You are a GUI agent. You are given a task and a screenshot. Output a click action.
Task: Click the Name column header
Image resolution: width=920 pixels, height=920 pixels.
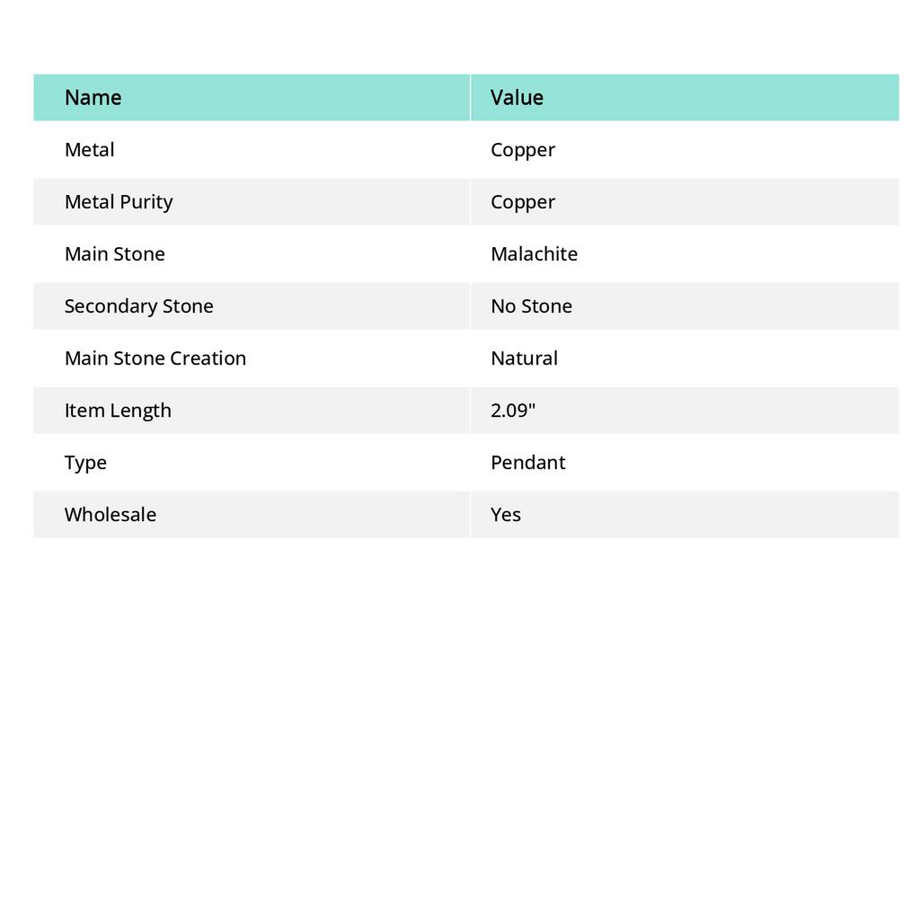(93, 97)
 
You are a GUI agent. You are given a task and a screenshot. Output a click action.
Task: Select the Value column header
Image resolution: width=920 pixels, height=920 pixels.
(517, 97)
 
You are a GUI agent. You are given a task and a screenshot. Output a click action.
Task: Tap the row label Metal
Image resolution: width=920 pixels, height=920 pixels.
(90, 149)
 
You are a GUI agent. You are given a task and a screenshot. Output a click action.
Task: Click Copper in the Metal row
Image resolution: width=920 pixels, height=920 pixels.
(523, 149)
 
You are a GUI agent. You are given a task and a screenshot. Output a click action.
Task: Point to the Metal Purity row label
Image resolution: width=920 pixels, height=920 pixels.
(119, 201)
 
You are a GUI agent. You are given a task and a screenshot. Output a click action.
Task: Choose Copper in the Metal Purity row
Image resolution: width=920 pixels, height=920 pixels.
(523, 201)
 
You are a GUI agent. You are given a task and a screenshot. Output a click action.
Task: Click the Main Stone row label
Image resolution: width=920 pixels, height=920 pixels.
(115, 253)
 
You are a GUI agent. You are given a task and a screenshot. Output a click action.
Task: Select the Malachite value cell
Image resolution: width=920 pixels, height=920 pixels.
(534, 253)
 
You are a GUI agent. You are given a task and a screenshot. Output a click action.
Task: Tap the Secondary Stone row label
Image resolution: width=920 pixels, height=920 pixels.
(139, 305)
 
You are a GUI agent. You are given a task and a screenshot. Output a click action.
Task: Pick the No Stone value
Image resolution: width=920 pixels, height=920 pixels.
(531, 305)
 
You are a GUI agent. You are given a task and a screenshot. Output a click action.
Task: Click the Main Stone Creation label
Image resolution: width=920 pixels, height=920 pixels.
(155, 358)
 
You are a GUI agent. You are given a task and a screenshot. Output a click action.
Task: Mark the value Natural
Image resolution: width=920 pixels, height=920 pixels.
(524, 358)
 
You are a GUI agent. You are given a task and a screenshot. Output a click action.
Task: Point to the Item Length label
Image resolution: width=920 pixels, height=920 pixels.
(118, 410)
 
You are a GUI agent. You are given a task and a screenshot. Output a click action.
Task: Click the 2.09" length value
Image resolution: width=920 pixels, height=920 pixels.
(513, 410)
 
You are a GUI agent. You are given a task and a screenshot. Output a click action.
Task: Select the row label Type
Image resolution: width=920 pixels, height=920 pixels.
(85, 462)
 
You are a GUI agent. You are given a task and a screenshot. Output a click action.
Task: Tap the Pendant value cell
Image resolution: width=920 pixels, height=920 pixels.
(528, 462)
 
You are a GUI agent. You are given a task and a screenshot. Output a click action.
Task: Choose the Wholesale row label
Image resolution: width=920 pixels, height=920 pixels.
(111, 514)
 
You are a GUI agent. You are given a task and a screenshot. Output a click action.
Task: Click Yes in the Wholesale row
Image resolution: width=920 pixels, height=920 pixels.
(506, 514)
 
